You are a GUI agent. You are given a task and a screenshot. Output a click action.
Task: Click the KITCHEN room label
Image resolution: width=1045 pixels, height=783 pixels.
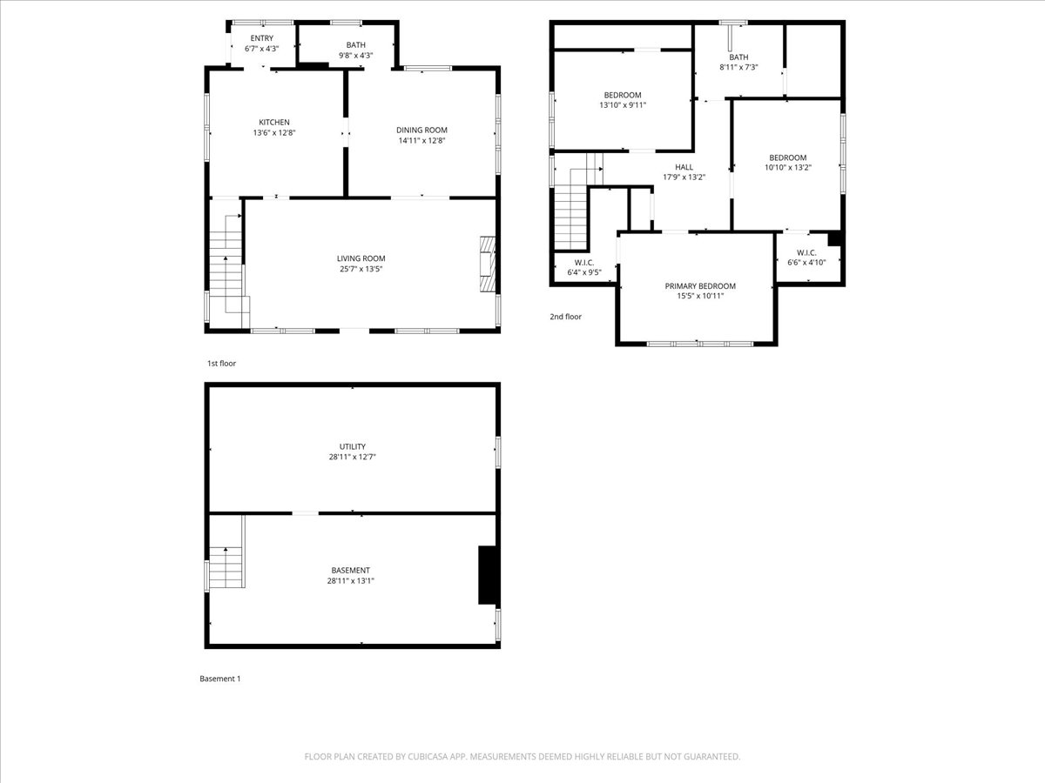pyautogui.click(x=273, y=123)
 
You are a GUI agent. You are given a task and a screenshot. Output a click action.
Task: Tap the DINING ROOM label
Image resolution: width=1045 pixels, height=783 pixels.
pyautogui.click(x=422, y=130)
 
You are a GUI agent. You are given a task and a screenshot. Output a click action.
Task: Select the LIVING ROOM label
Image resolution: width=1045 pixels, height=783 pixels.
pyautogui.click(x=361, y=258)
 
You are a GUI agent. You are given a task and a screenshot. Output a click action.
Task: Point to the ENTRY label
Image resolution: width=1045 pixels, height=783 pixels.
pyautogui.click(x=261, y=38)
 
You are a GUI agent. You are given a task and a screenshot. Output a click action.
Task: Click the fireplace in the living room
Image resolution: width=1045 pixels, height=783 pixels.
pyautogui.click(x=487, y=264)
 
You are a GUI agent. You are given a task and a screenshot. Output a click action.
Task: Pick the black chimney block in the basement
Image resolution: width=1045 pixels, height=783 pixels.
pyautogui.click(x=488, y=575)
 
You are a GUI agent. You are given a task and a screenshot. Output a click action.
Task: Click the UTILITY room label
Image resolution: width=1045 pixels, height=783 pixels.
pyautogui.click(x=352, y=447)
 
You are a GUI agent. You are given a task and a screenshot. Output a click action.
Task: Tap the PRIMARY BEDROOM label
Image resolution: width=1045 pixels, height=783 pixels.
pyautogui.click(x=700, y=286)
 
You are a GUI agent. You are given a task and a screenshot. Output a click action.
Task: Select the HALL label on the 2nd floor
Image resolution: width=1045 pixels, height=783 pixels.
pyautogui.click(x=684, y=167)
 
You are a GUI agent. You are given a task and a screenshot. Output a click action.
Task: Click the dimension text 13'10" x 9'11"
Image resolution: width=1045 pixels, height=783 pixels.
pyautogui.click(x=622, y=105)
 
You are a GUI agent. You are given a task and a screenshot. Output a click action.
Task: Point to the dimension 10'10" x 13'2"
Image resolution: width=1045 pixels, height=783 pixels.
pyautogui.click(x=787, y=168)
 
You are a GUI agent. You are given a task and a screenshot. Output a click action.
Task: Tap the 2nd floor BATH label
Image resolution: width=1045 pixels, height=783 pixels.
pyautogui.click(x=738, y=57)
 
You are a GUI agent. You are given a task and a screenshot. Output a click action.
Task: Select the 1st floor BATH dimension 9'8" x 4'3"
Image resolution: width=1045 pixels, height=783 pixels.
pyautogui.click(x=355, y=56)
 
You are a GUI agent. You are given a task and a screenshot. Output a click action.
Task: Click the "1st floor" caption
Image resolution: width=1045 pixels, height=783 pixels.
pyautogui.click(x=221, y=364)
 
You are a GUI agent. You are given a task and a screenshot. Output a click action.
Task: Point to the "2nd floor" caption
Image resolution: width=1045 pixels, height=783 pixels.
pyautogui.click(x=565, y=317)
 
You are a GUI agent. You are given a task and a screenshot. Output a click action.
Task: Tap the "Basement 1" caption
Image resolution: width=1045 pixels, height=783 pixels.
pyautogui.click(x=219, y=679)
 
